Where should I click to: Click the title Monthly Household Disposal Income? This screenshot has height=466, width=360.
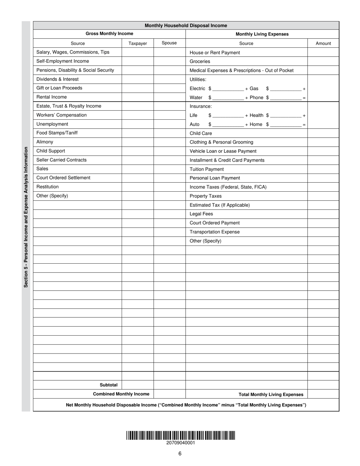186,25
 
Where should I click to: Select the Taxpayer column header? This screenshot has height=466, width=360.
138,43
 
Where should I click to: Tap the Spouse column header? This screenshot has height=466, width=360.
169,43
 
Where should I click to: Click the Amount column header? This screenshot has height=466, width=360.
323,43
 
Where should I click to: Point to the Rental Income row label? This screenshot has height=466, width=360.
52,97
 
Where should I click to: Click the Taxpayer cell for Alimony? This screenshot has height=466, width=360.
138,142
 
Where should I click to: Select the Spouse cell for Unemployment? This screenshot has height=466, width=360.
169,124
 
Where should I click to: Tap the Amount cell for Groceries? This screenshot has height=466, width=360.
323,61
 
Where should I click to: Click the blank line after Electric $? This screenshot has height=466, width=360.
228,89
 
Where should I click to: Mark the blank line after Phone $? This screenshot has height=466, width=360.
286,98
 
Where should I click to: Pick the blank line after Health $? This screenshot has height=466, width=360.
286,116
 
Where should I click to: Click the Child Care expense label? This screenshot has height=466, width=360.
201,133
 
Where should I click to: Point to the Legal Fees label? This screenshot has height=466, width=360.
201,214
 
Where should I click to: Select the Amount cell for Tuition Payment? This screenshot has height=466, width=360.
323,169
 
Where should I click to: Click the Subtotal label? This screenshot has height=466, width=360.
108,385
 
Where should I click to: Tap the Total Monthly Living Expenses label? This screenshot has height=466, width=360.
271,394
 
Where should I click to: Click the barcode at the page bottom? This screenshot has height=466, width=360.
181,435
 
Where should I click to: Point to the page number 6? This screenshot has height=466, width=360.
180,454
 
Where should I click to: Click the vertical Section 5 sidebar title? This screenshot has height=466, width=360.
26,217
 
